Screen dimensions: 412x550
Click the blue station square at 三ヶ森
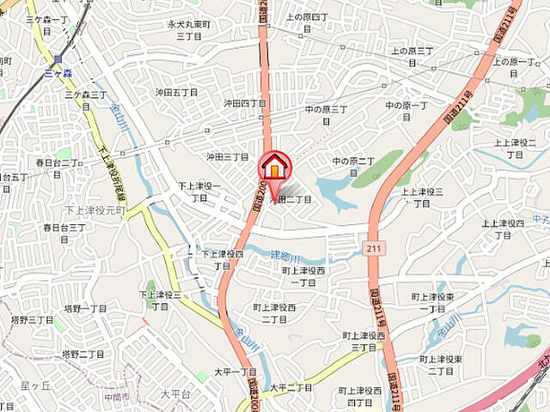pos(58,59)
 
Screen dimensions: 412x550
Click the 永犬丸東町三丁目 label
pos(188,31)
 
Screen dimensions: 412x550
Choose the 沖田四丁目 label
pos(245,103)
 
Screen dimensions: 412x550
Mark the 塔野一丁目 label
pos(84,307)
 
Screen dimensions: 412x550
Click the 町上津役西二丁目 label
pos(275,312)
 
